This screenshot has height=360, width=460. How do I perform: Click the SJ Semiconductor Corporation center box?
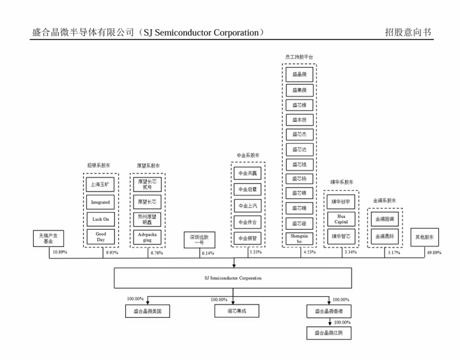point(233,278)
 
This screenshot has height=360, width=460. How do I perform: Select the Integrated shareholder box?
point(100,202)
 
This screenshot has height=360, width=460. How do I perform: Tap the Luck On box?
point(100,219)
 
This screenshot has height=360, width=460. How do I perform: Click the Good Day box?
point(100,236)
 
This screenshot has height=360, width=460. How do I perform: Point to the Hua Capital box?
point(341,219)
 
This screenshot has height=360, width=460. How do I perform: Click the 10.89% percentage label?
point(59,253)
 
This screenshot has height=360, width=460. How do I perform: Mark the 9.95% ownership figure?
point(111,253)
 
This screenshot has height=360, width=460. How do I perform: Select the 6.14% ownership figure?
point(209,253)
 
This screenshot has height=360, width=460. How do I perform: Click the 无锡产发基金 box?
point(50,239)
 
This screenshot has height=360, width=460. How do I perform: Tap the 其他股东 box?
point(427,237)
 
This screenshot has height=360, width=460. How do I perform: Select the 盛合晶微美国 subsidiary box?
point(146,311)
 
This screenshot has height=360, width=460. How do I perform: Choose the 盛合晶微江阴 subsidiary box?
point(330,333)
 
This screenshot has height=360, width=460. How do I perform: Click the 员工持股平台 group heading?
point(299,57)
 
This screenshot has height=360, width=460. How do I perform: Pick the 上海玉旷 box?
point(100,185)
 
